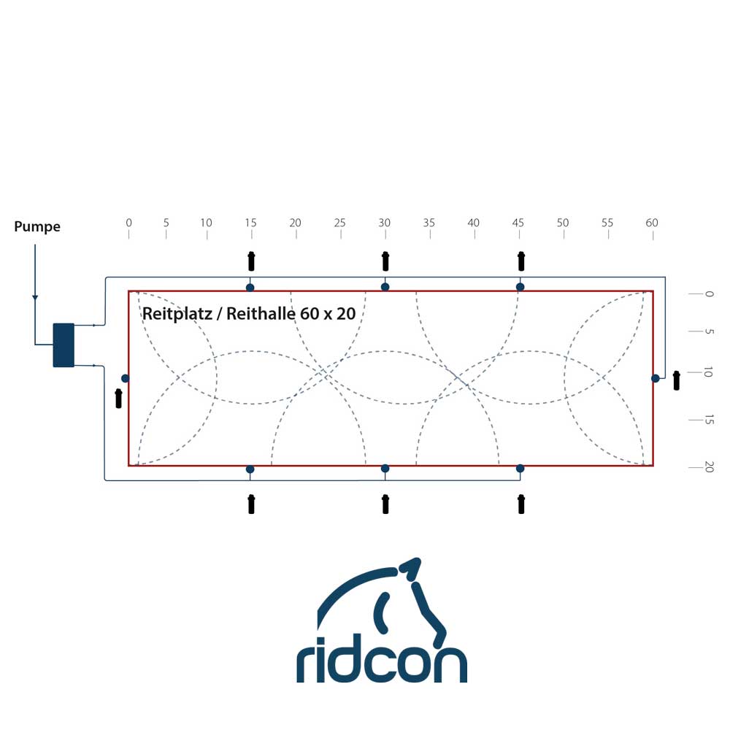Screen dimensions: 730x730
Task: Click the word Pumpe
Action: click(37, 227)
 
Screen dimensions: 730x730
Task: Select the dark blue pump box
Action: click(64, 345)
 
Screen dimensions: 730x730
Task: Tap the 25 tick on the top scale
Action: click(340, 234)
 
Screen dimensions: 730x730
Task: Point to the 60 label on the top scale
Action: click(652, 223)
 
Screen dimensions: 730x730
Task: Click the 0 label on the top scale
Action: click(129, 223)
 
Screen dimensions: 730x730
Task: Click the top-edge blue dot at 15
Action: click(250, 287)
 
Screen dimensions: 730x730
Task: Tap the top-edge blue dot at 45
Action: click(520, 287)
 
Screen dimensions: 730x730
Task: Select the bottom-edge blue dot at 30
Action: click(385, 469)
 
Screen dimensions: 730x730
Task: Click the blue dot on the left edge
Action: click(126, 378)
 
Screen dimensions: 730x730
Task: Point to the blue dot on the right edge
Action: click(656, 378)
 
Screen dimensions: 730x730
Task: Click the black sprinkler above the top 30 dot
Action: click(385, 261)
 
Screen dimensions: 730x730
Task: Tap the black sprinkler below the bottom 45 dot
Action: click(520, 504)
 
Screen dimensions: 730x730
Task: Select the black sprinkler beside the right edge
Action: click(677, 380)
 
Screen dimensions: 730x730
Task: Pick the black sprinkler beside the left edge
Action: click(119, 399)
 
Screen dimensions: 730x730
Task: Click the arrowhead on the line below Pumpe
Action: click(35, 297)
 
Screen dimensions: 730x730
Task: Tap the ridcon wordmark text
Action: click(381, 662)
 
